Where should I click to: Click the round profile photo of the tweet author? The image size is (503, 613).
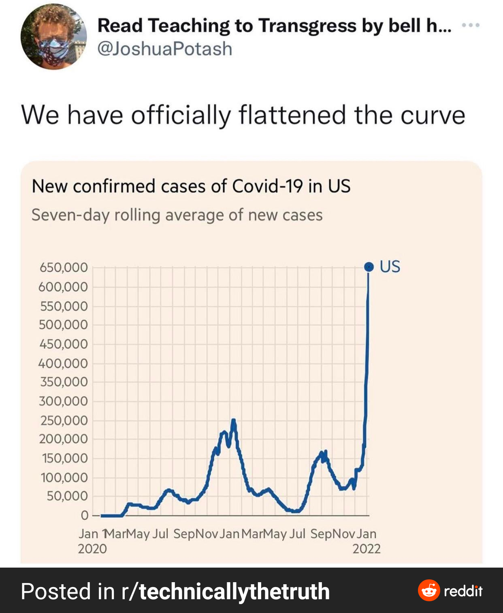click(x=53, y=37)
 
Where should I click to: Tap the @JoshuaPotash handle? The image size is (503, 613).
click(x=165, y=49)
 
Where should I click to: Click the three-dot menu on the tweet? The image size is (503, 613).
click(x=471, y=25)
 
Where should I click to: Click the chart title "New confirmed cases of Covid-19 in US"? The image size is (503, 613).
click(x=191, y=186)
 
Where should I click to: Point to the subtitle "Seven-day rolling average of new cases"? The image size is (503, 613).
click(x=177, y=215)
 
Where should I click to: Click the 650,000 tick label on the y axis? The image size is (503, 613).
click(x=64, y=268)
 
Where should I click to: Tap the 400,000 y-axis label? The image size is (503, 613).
click(x=63, y=363)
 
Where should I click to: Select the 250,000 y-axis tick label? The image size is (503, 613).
click(x=64, y=420)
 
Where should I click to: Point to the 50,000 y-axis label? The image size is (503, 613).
click(x=67, y=496)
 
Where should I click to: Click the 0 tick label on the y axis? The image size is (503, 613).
click(x=84, y=516)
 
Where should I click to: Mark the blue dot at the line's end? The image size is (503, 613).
click(x=369, y=267)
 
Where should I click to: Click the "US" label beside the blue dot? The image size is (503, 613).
click(x=390, y=267)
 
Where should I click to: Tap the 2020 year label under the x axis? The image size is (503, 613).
click(x=92, y=549)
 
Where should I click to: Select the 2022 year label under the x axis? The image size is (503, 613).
click(x=366, y=549)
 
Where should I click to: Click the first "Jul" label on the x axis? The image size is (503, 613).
click(x=160, y=534)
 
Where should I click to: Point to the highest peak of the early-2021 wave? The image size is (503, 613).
click(x=233, y=420)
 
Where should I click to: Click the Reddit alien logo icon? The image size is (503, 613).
click(x=429, y=590)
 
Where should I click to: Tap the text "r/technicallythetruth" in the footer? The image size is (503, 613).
click(x=226, y=591)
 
